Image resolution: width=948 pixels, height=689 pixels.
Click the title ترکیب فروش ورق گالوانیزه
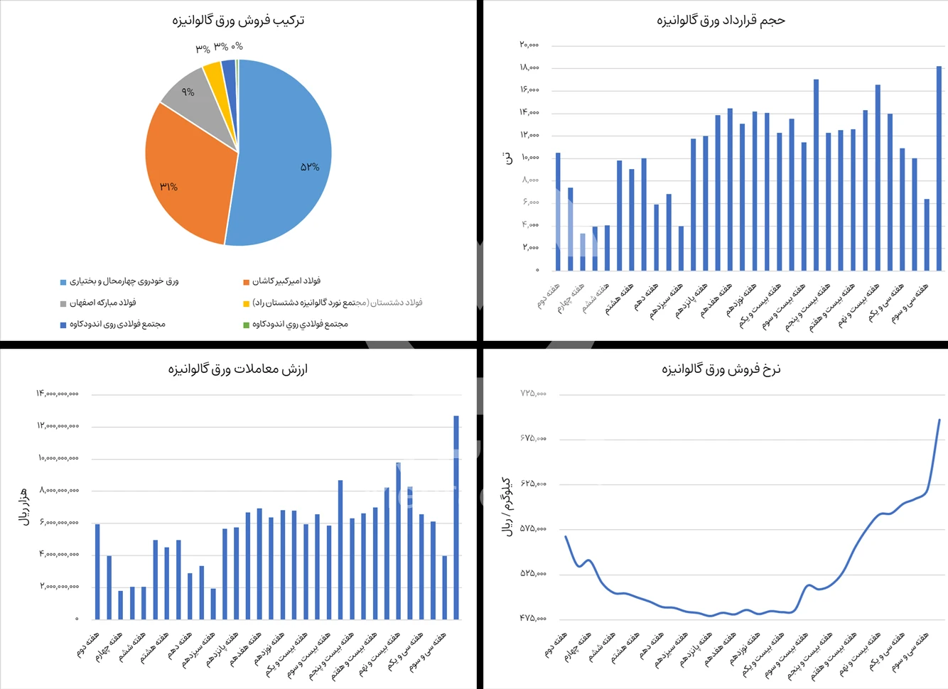[238, 20]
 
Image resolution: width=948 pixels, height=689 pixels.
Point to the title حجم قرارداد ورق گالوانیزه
[720, 20]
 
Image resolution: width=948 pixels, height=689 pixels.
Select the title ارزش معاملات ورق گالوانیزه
[238, 369]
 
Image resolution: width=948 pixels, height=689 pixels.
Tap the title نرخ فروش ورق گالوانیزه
[721, 369]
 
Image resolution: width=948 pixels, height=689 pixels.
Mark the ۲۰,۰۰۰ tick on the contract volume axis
[529, 45]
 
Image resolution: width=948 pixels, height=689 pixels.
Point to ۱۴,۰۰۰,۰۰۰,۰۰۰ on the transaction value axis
[58, 394]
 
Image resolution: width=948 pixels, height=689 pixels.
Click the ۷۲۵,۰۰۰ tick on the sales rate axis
[533, 394]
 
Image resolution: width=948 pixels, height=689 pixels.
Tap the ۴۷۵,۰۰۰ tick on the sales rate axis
[533, 619]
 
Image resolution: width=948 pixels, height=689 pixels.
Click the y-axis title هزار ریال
[24, 506]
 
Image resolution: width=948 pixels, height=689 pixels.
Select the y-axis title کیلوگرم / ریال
[507, 506]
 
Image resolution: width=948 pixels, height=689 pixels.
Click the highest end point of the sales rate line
[939, 420]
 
